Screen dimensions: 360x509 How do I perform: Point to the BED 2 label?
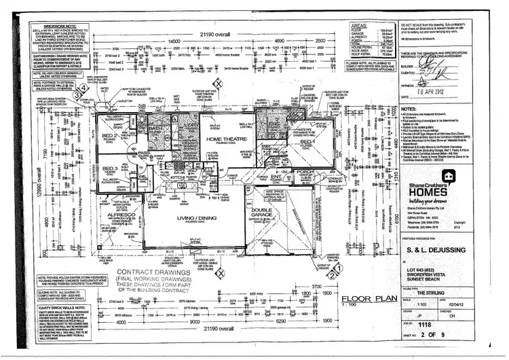point(108,137)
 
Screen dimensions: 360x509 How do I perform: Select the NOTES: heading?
point(409,108)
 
